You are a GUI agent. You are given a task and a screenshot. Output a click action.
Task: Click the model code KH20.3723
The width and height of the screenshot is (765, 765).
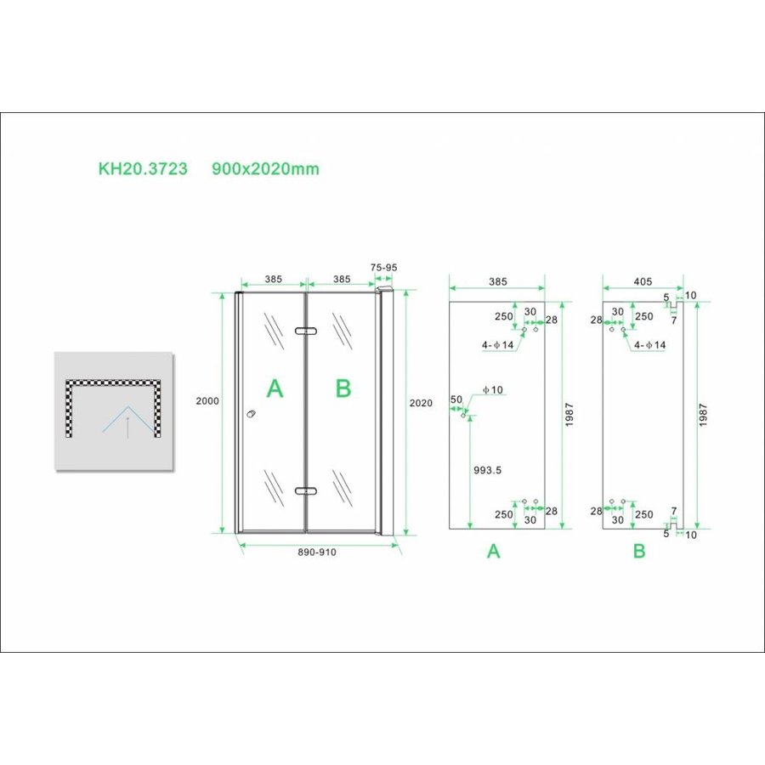point(143,169)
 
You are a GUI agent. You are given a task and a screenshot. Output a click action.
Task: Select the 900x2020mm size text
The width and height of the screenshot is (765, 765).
point(265,169)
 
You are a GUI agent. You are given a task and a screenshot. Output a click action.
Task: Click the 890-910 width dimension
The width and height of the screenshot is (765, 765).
point(317,552)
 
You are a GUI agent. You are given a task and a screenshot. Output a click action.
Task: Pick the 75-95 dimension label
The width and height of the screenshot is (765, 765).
point(384,267)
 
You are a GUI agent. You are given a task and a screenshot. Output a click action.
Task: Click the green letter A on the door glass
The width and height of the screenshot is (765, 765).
point(275,389)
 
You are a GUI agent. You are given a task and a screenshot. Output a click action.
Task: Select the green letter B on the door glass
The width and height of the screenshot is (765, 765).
point(343,389)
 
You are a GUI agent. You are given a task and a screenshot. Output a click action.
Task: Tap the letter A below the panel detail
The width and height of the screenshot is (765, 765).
point(493,552)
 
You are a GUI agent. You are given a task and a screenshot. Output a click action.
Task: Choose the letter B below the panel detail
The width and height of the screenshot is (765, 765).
point(639,552)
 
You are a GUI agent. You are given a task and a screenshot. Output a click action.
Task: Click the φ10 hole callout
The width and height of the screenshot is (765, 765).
point(492,390)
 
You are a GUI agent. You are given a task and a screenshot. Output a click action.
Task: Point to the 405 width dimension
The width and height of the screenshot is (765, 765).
point(642,280)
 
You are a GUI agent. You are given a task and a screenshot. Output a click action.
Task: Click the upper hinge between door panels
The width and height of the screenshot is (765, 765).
point(305,331)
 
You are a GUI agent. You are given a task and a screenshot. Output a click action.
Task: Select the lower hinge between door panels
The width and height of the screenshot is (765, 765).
point(305,490)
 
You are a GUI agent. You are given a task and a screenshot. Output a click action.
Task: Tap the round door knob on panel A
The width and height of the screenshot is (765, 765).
point(250,415)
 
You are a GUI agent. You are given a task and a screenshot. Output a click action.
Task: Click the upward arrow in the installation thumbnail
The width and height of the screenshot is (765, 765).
point(127,428)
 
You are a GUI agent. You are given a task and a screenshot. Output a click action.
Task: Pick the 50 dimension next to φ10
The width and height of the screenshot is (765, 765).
point(456,399)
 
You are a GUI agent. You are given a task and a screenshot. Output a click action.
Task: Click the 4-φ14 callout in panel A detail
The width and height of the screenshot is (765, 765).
point(497,345)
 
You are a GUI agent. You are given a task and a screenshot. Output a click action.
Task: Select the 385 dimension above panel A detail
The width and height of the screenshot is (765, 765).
point(497,280)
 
